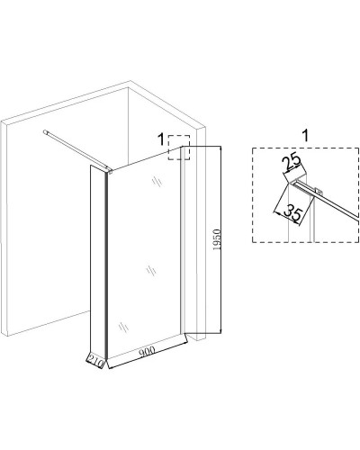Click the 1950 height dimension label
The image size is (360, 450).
click(x=218, y=239)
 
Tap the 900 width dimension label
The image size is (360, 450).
click(x=147, y=351)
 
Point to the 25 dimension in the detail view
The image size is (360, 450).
click(x=291, y=161)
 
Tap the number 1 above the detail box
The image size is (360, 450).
click(x=305, y=136)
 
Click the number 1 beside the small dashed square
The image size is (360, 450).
click(x=161, y=139)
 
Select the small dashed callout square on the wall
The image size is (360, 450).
click(x=179, y=148)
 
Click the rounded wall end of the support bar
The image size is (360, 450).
click(x=45, y=131)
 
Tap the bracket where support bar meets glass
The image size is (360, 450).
click(x=110, y=172)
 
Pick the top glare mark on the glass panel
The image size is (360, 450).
click(x=157, y=182)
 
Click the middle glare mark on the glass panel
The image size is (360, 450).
click(x=151, y=271)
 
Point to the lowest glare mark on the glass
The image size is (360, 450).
click(x=123, y=327)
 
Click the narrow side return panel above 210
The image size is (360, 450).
click(x=97, y=259)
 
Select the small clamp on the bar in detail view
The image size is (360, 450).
click(x=319, y=191)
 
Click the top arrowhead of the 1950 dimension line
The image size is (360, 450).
click(x=220, y=148)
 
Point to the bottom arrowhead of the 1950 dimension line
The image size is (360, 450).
click(x=220, y=330)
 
